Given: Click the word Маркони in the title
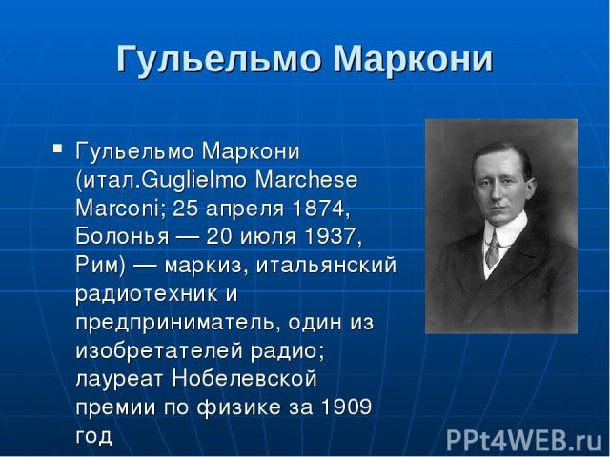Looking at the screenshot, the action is (x=413, y=59).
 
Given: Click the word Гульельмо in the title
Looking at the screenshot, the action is (x=219, y=60).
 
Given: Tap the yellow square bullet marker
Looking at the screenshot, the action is (x=57, y=149).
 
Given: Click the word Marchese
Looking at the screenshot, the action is (x=307, y=180).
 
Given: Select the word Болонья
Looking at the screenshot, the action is (x=122, y=236).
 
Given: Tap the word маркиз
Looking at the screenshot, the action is (x=209, y=266).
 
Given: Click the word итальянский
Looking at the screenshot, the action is (x=327, y=265).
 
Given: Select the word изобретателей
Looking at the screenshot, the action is (x=159, y=350).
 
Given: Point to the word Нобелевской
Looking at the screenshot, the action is (x=244, y=379).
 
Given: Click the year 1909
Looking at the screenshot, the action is (x=346, y=407).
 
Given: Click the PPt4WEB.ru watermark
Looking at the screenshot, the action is (x=524, y=441).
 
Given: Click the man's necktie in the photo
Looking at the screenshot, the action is (x=493, y=251).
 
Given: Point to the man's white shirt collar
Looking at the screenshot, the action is (x=506, y=229).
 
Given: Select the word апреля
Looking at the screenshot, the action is (x=245, y=209).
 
